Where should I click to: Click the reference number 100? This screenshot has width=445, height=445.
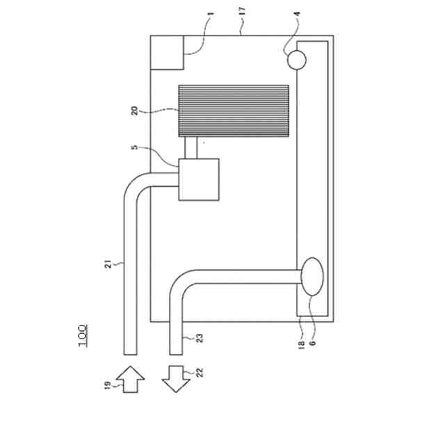(x=82, y=336)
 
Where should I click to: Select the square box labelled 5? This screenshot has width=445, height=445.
(x=199, y=179)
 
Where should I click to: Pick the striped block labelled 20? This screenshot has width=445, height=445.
(x=234, y=111)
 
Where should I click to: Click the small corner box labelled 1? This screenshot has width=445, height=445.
(x=168, y=52)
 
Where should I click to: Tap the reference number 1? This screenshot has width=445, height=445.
(x=212, y=13)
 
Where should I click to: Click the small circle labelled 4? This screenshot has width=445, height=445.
(x=297, y=60)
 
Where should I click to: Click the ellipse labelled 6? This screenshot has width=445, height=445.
(x=312, y=276)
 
